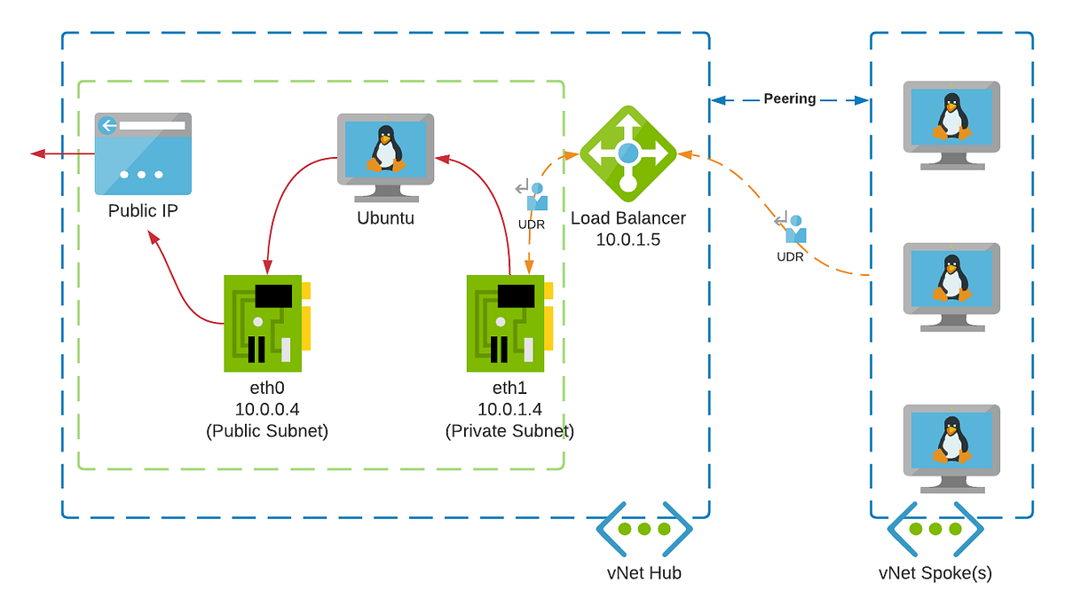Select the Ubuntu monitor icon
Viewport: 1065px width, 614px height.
tap(385, 153)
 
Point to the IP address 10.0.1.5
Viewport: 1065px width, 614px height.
tap(627, 239)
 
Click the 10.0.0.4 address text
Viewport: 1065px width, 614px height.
tap(266, 409)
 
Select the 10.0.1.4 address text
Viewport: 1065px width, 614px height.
tap(509, 409)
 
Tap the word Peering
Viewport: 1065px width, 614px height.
tap(789, 99)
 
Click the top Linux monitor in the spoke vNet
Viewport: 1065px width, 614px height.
tap(951, 122)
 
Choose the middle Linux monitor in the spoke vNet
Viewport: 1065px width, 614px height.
tap(951, 284)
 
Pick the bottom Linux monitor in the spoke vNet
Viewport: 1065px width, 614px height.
tap(951, 445)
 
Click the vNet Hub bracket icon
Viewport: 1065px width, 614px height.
tap(643, 530)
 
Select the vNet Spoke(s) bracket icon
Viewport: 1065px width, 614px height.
tap(935, 530)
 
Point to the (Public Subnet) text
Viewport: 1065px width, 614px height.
tap(266, 431)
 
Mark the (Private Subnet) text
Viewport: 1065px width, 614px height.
tap(509, 431)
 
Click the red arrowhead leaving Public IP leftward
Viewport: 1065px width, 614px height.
tap(37, 153)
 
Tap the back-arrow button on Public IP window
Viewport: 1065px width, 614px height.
tap(108, 125)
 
